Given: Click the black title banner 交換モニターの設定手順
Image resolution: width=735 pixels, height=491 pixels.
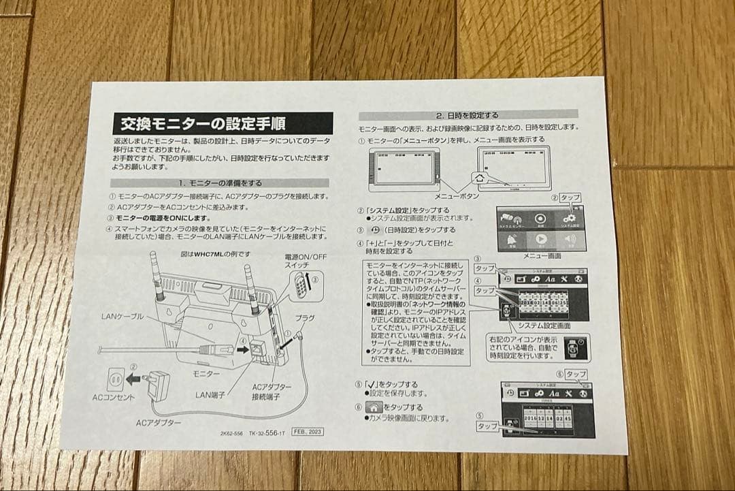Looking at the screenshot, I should (x=223, y=123).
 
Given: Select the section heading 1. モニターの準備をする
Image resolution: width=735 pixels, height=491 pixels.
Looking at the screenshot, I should (x=220, y=183).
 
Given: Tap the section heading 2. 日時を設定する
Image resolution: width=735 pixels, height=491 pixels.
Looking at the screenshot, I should (x=467, y=115).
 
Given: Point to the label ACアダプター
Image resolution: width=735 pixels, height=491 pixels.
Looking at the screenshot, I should (x=159, y=423).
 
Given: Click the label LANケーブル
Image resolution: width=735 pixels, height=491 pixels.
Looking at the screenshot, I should (x=122, y=317).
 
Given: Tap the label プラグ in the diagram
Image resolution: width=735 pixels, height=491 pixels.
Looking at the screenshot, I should (x=304, y=318).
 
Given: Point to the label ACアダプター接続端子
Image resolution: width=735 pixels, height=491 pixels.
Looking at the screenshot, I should (x=272, y=391).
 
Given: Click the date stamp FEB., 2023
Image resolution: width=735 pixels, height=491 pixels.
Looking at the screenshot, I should (x=307, y=432).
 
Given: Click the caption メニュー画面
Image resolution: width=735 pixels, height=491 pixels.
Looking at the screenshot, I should (x=542, y=255).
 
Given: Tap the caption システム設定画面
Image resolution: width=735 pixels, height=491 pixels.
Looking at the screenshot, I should (x=539, y=326).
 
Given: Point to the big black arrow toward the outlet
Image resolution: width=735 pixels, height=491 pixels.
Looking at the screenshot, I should (x=135, y=377).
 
